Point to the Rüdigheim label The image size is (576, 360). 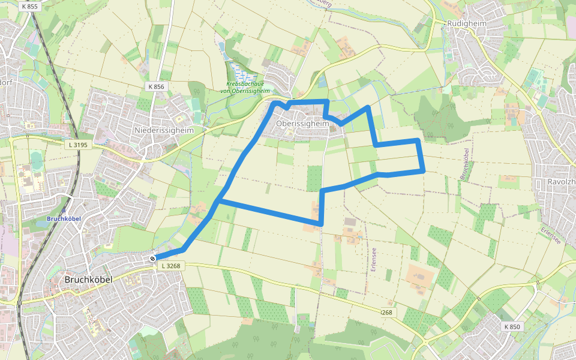click(466, 23)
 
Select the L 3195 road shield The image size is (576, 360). click(78, 145)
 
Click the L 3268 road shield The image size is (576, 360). click(170, 266)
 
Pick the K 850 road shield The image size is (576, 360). click(512, 326)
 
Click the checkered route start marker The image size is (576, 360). click(153, 259)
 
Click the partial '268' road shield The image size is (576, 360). click(388, 313)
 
